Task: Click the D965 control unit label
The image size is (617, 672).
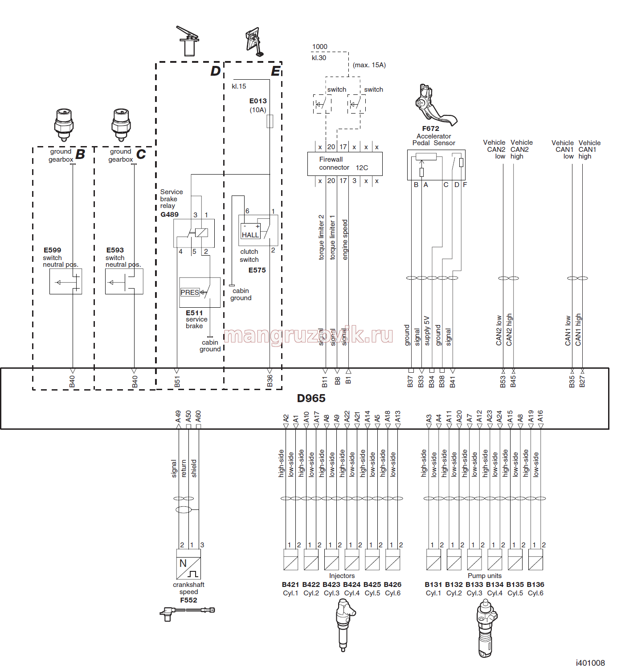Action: click(311, 398)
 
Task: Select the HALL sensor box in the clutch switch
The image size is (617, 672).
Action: click(250, 232)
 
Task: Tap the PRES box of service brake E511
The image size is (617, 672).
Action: click(190, 292)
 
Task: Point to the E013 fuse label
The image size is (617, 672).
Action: click(258, 101)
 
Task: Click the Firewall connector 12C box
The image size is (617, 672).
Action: click(345, 163)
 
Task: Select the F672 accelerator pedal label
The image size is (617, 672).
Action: click(430, 128)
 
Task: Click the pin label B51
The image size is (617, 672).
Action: click(177, 382)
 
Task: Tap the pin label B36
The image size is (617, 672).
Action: click(270, 381)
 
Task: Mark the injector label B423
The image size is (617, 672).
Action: click(331, 585)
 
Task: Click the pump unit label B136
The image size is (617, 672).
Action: click(535, 585)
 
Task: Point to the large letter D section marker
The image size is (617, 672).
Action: click(216, 71)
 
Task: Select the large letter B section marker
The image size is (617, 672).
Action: click(80, 154)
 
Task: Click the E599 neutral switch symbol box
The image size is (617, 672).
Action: click(65, 281)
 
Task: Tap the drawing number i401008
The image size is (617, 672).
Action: click(590, 663)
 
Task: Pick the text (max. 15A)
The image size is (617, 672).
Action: click(369, 65)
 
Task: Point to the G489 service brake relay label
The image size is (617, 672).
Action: click(170, 214)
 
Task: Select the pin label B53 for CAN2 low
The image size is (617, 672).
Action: click(503, 382)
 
